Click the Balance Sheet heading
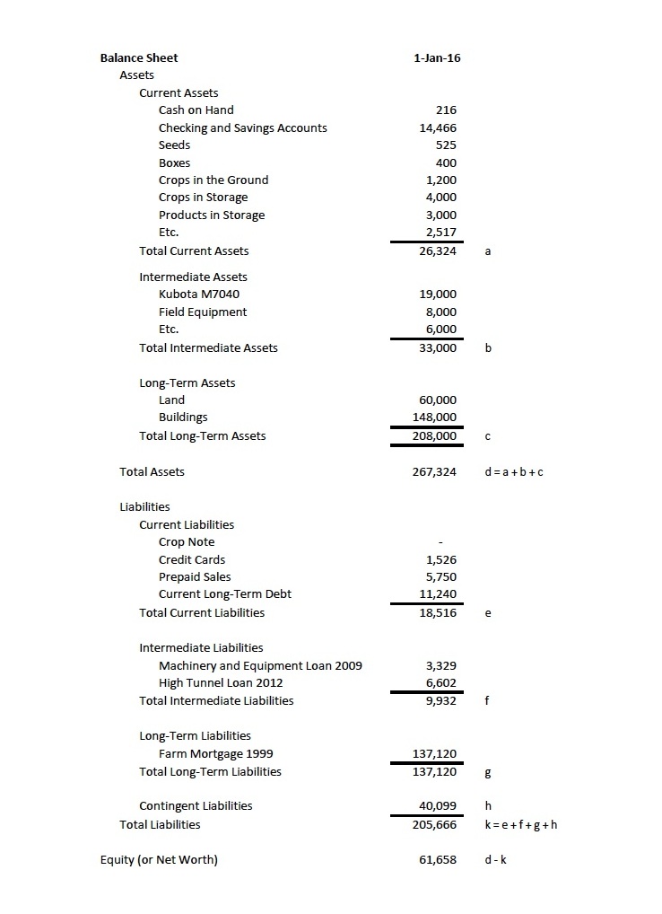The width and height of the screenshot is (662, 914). coord(139,57)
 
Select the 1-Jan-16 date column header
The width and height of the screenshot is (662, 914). coord(437,57)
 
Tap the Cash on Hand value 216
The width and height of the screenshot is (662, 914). coord(446,110)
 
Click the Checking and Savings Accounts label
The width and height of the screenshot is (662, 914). coord(242,127)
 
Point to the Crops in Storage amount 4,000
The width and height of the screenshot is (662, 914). coord(440,198)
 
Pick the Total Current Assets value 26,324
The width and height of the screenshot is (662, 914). coord(438,250)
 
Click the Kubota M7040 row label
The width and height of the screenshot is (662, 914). coord(199,294)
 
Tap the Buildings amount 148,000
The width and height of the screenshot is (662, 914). coord(434,417)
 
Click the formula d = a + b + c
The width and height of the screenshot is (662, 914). coord(513,471)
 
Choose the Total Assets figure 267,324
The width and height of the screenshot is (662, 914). coord(434,471)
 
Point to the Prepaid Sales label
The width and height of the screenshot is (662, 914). coord(195,577)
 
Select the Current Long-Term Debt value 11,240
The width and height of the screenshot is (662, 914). coord(438,594)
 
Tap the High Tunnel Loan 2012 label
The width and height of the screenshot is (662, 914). coord(222,683)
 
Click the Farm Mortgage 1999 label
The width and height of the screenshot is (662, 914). coord(216,753)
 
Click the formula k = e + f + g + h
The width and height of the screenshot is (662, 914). coord(520,824)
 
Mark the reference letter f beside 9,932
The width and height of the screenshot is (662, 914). coord(486,701)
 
